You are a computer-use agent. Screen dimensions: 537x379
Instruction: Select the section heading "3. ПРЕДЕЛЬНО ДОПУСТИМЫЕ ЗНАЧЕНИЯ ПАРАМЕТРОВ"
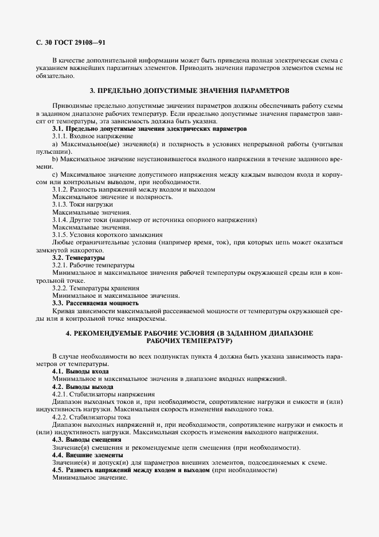(x=190, y=91)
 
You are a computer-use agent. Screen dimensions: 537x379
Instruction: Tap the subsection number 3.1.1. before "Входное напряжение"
(x=61, y=137)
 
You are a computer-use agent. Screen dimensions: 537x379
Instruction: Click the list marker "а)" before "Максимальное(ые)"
(x=55, y=144)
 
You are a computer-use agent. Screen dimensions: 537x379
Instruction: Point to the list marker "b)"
(x=55, y=158)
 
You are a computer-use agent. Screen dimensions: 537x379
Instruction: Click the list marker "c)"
(x=55, y=174)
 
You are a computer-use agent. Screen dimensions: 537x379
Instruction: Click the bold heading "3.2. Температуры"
(x=75, y=258)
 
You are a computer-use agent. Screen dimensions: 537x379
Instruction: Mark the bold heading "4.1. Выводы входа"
(x=80, y=372)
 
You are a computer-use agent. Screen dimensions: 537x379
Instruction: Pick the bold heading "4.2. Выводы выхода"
(x=82, y=387)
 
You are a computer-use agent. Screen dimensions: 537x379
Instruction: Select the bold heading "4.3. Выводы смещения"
(x=86, y=439)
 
